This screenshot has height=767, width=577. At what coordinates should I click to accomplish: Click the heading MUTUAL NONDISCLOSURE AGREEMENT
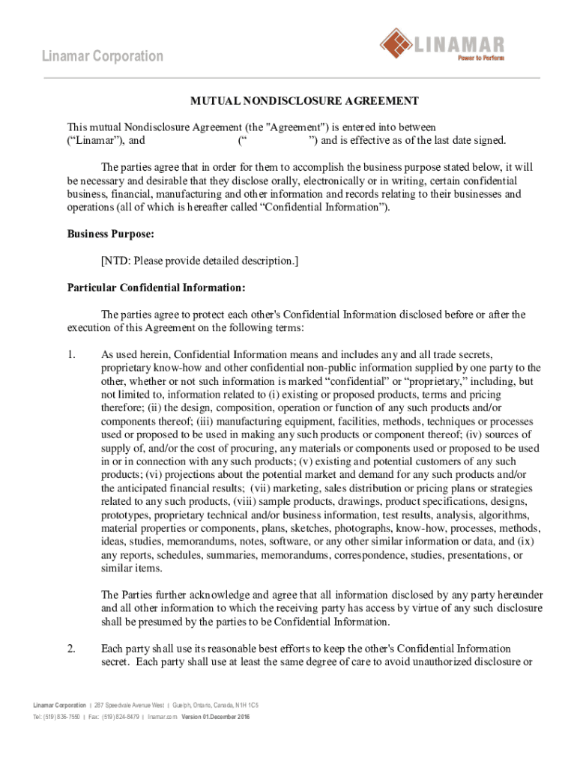(x=303, y=100)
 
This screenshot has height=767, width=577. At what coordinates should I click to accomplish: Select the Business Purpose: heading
(x=111, y=234)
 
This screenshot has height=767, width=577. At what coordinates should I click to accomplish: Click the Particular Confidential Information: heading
(x=156, y=287)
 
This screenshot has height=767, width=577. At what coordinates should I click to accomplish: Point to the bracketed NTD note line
(x=200, y=261)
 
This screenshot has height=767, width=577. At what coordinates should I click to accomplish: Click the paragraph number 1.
(x=72, y=354)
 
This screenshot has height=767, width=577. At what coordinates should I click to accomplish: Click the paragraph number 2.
(x=72, y=648)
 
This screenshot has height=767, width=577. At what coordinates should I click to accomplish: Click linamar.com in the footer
(x=162, y=717)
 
